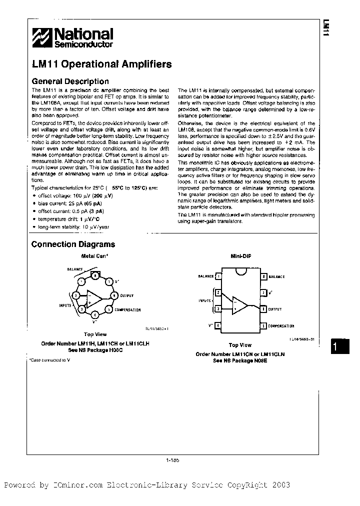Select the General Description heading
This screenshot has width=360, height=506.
click(70, 81)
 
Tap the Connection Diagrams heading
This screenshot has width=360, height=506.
click(73, 244)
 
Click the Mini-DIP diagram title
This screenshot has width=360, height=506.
click(240, 256)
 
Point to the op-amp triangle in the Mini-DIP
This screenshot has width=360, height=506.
click(239, 303)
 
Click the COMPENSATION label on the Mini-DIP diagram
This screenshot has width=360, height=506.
click(281, 326)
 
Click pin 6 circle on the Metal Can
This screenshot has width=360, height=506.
click(113, 296)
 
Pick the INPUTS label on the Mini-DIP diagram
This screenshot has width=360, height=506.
click(204, 301)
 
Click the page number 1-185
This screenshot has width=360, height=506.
click(171, 461)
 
